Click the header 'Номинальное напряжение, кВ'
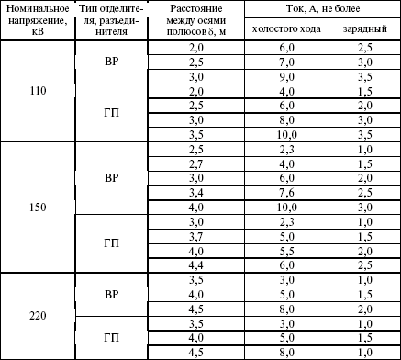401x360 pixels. [x=38, y=21]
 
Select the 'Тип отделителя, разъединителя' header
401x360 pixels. [x=111, y=21]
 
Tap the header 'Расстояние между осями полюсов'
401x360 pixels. [x=195, y=21]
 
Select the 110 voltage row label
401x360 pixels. [x=38, y=93]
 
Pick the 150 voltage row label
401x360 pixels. [x=38, y=208]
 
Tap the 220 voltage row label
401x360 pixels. [x=38, y=317]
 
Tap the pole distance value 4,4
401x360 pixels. [x=195, y=264]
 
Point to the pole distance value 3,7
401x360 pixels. [x=195, y=236]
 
